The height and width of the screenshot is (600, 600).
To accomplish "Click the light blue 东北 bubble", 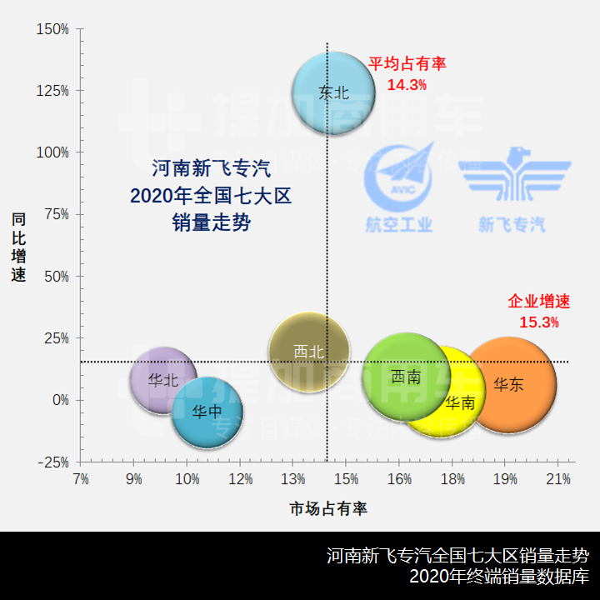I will (x=334, y=92).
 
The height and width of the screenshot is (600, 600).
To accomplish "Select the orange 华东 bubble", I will (x=509, y=384).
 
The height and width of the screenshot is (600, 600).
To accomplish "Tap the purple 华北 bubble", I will (x=163, y=380).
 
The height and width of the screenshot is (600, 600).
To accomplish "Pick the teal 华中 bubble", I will (x=207, y=412).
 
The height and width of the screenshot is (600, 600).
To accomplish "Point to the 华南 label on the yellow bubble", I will (x=460, y=403).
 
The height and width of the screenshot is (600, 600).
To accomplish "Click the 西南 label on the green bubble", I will (x=405, y=377).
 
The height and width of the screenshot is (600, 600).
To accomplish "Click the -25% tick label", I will (x=52, y=462).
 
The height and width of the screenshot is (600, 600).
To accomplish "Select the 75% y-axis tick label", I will (x=56, y=214).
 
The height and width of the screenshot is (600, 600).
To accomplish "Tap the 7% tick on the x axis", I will (x=81, y=480).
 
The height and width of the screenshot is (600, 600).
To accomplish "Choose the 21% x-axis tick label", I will (x=557, y=480).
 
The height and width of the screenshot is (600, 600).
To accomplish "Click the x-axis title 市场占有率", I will (x=328, y=507).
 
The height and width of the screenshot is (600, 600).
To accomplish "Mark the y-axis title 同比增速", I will (x=19, y=247).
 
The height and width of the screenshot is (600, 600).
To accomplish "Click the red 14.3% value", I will (x=407, y=84).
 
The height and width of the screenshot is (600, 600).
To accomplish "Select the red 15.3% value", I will (x=539, y=322).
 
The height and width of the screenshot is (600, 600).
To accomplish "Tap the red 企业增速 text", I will (x=539, y=302).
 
